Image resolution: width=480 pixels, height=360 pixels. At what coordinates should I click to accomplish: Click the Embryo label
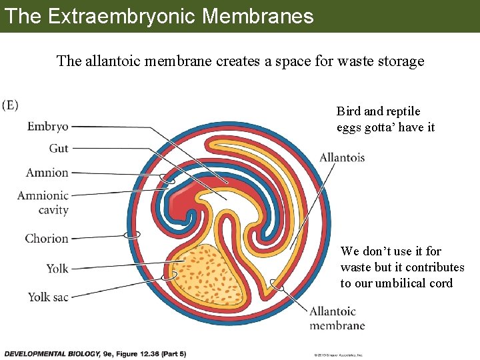(x=47, y=126)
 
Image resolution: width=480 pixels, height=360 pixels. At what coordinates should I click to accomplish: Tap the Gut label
(x=59, y=148)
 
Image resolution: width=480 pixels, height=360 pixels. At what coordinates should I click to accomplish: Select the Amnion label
(x=47, y=173)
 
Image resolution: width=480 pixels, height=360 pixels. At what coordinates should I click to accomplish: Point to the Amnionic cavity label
(x=43, y=202)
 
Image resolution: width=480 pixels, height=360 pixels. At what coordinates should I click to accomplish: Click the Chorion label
(x=47, y=238)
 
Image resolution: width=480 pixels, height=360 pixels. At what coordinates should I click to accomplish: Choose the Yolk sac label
(x=48, y=297)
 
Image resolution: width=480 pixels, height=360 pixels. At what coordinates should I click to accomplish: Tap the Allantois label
(x=342, y=158)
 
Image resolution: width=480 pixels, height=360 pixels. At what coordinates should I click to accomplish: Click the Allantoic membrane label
(x=337, y=318)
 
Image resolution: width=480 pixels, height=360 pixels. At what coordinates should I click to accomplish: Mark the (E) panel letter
(x=10, y=105)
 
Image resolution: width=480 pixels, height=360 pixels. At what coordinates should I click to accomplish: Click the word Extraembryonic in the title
(x=120, y=16)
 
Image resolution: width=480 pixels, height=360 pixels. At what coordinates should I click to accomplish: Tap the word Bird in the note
(x=348, y=111)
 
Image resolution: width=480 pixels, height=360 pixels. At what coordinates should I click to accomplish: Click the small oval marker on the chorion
(x=133, y=235)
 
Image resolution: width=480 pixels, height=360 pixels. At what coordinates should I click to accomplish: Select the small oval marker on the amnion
(x=167, y=179)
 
